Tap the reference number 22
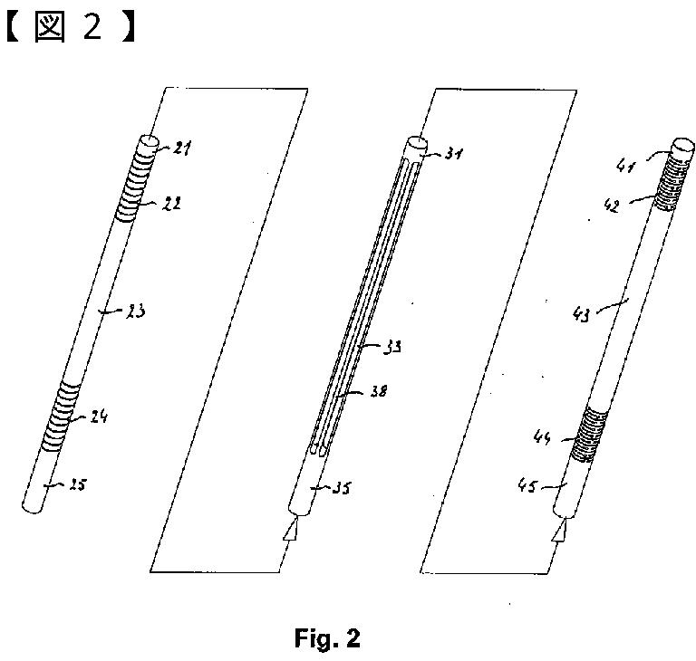(170, 205)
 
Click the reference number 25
(77, 486)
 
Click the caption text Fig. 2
(327, 638)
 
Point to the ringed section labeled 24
(65, 417)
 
